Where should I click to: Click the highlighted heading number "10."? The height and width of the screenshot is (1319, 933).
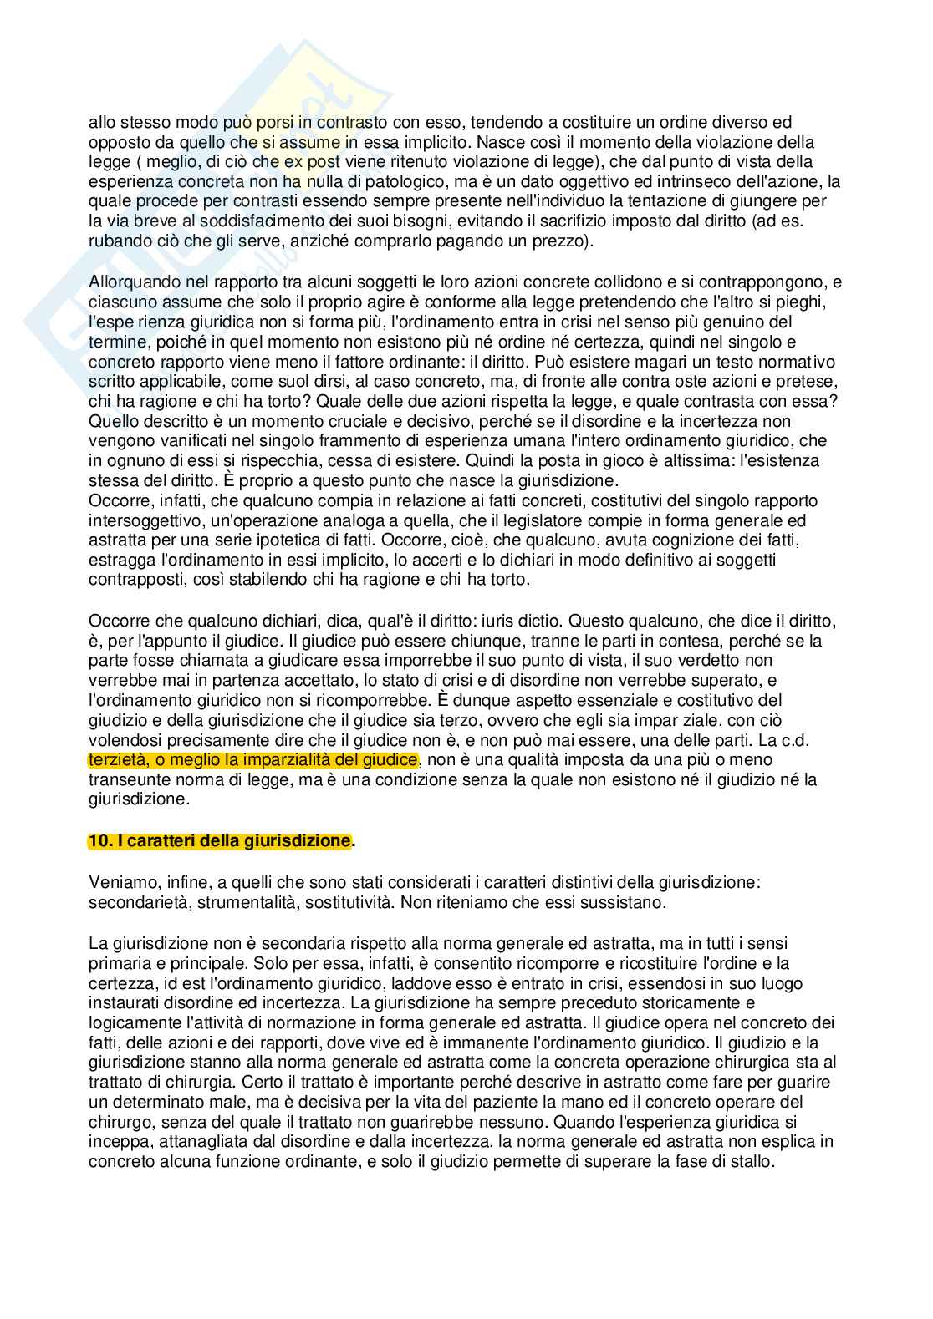coord(99,840)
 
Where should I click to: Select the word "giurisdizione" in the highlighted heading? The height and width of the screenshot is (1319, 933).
coord(305,840)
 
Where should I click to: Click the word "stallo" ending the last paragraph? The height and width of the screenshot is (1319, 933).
coord(756,1162)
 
